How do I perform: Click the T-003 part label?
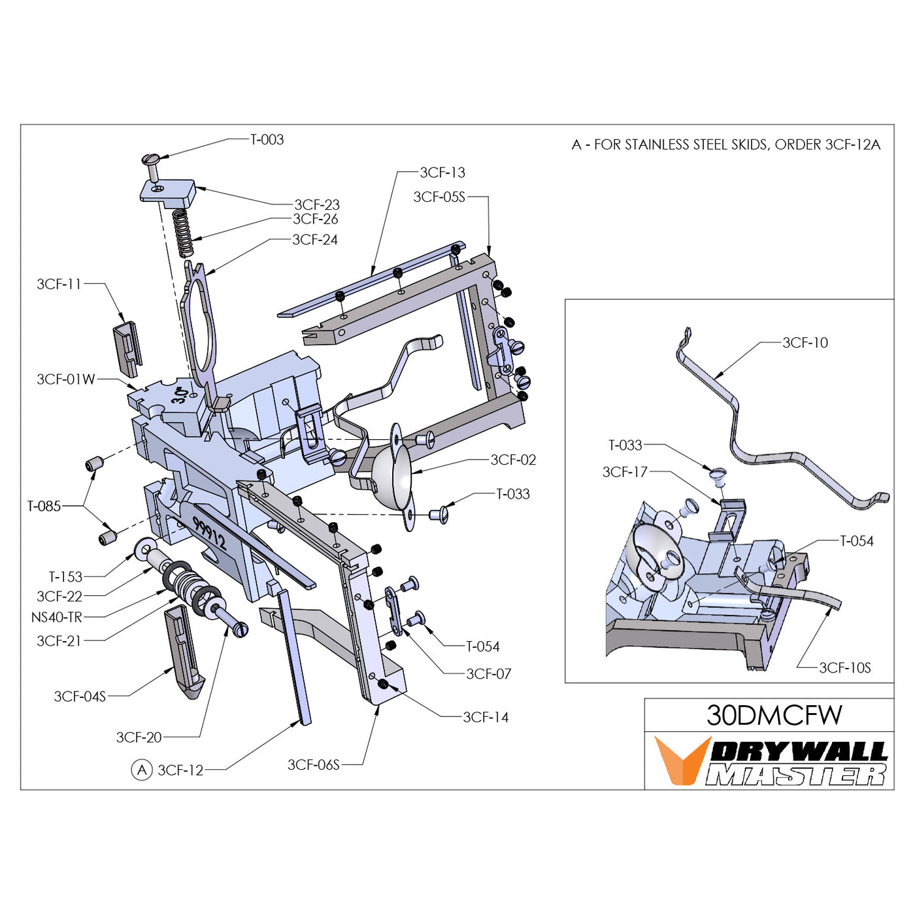(x=267, y=139)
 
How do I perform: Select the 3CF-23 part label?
(x=317, y=205)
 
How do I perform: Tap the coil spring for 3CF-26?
(x=184, y=233)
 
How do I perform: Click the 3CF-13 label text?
(x=442, y=173)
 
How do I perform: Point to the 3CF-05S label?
(x=439, y=197)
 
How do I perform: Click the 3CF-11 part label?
(x=59, y=284)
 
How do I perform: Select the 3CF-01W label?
(x=66, y=379)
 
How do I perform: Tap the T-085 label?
(x=44, y=506)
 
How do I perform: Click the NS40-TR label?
(x=57, y=617)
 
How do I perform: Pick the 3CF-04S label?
(x=80, y=696)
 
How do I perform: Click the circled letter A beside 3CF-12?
(x=142, y=770)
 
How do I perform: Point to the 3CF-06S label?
(x=314, y=765)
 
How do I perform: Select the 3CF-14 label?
(x=486, y=717)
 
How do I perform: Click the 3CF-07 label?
(x=489, y=674)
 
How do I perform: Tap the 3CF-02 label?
(x=513, y=459)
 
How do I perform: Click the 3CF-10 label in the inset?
(x=805, y=342)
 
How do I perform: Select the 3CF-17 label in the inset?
(x=625, y=472)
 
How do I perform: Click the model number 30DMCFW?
(x=774, y=715)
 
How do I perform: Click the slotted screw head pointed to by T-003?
(x=151, y=159)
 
